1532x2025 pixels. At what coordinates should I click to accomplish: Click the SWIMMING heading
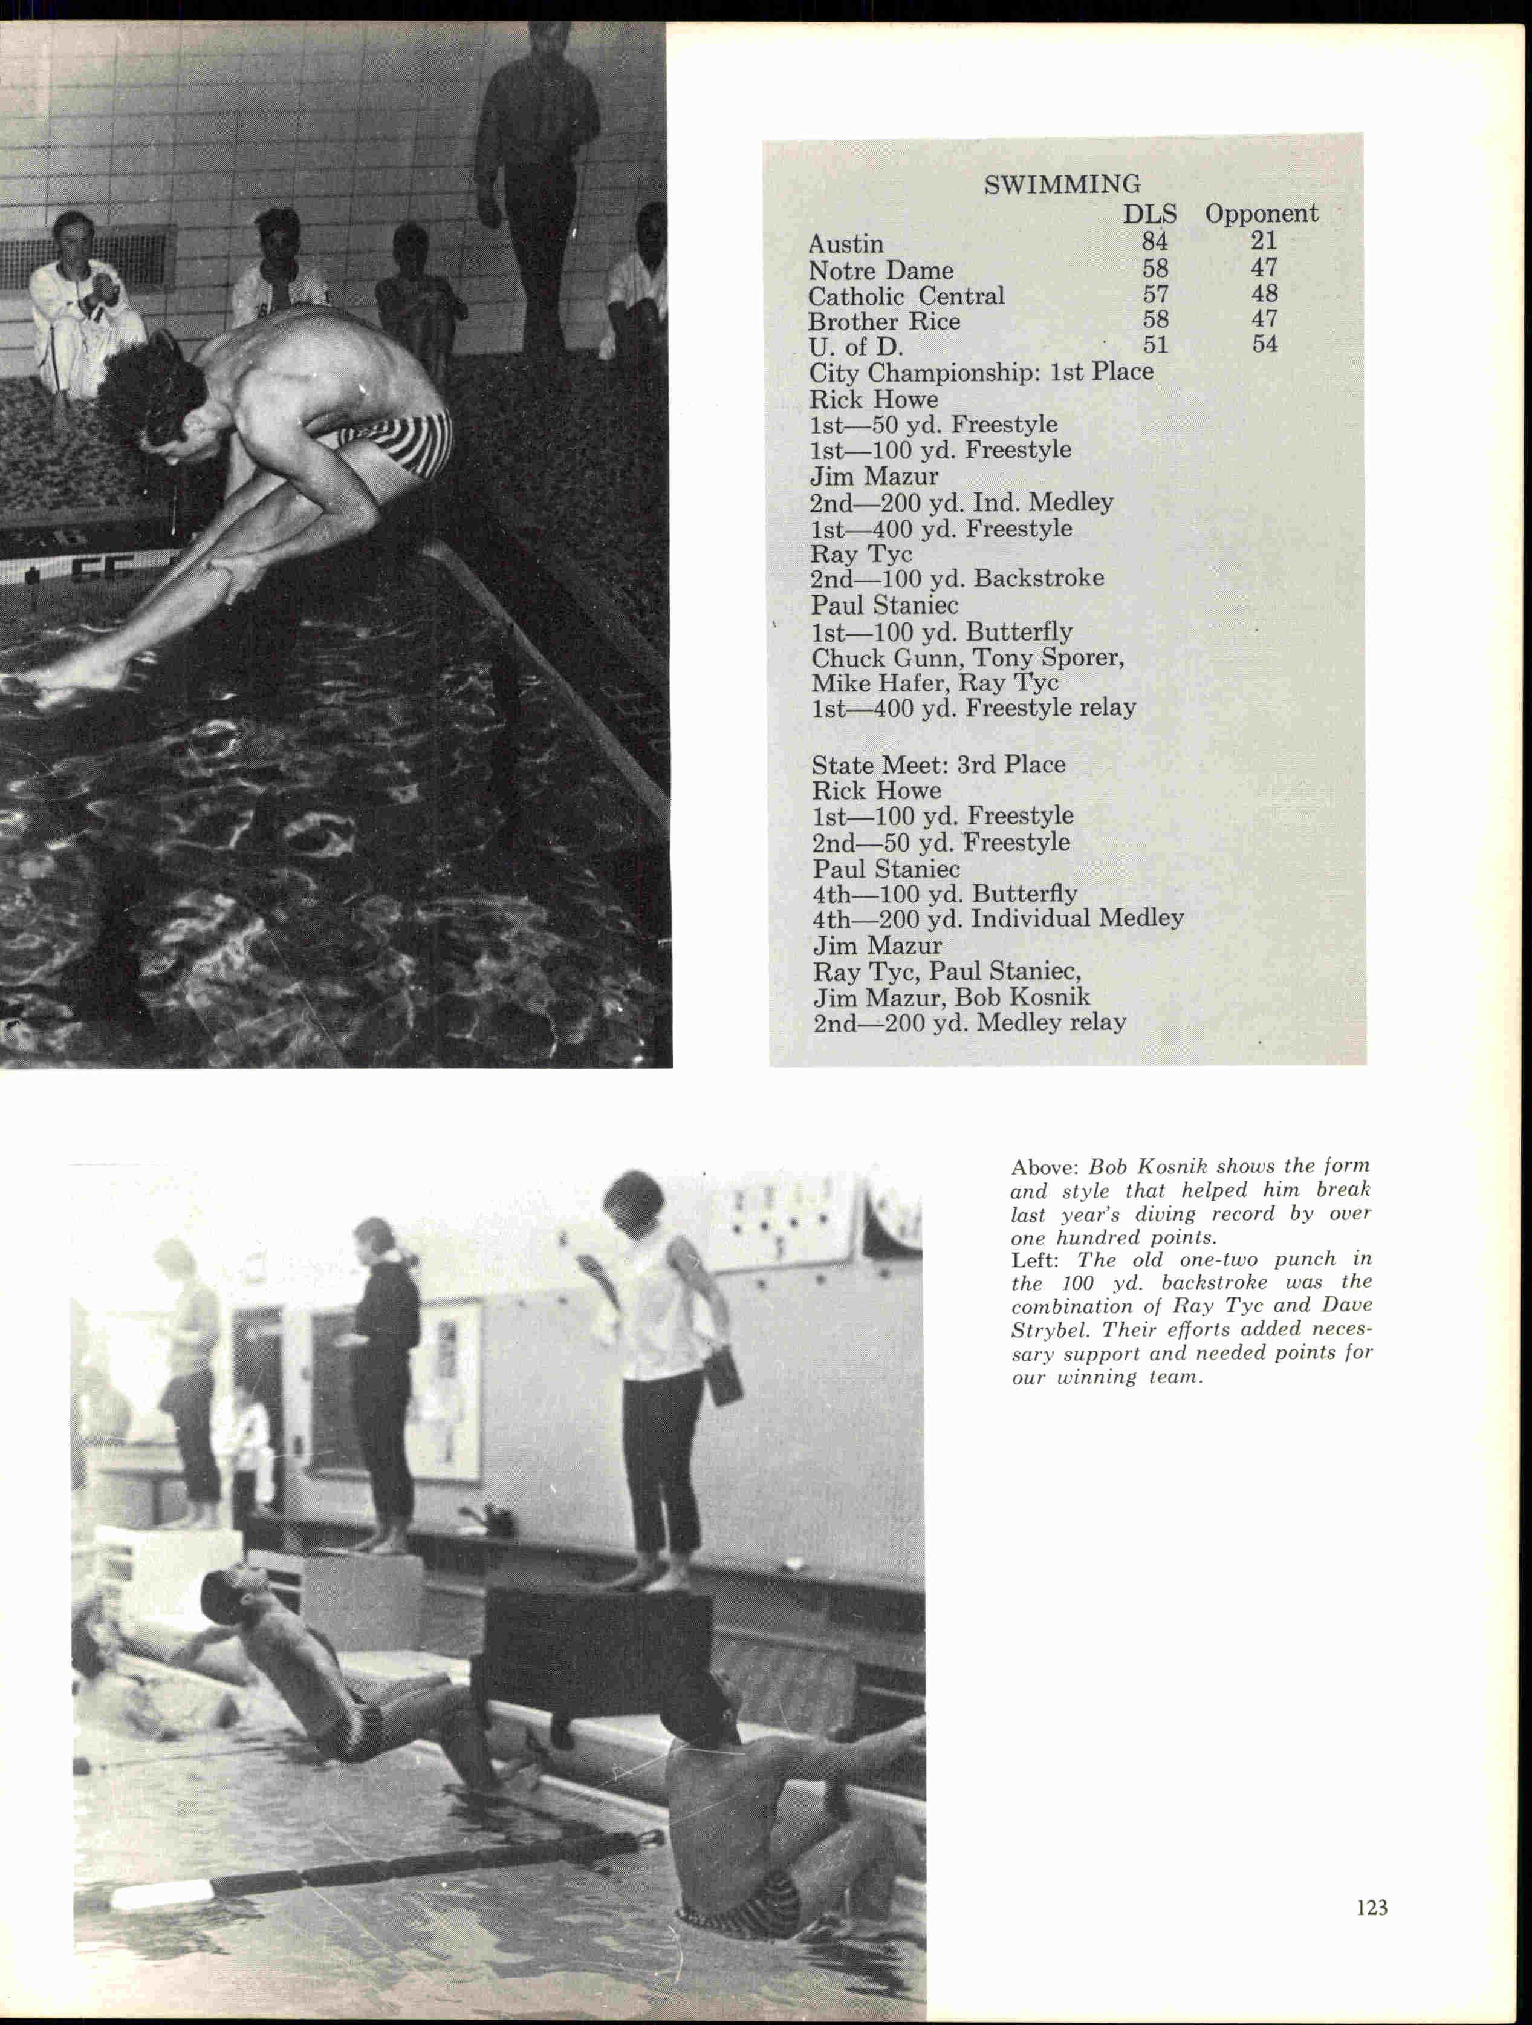1062,185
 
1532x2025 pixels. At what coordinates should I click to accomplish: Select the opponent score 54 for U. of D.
1264,344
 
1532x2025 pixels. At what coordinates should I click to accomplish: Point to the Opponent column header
1261,214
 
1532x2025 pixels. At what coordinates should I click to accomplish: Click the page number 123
1372,1907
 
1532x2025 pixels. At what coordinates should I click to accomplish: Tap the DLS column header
1149,214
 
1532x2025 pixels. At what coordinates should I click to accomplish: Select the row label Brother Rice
883,321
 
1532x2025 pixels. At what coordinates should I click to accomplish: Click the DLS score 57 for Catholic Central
1154,294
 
